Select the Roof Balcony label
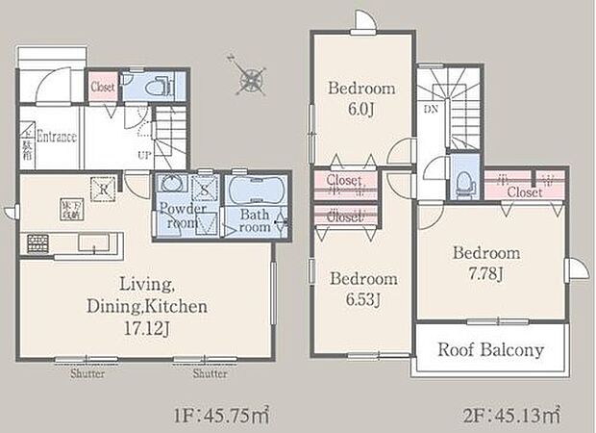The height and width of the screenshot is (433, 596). click(491, 349)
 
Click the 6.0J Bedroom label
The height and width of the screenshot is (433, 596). click(360, 108)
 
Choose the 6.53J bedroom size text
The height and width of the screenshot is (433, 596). click(362, 297)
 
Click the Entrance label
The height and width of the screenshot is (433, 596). click(57, 137)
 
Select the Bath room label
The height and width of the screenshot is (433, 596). click(255, 221)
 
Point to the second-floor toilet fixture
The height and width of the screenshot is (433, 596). click(465, 181)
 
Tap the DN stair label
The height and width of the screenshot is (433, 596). click(428, 111)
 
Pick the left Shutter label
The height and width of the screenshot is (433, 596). click(87, 375)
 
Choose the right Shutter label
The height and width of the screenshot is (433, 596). click(209, 375)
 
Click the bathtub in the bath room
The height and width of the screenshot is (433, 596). click(254, 188)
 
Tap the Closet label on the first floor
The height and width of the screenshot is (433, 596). click(103, 87)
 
